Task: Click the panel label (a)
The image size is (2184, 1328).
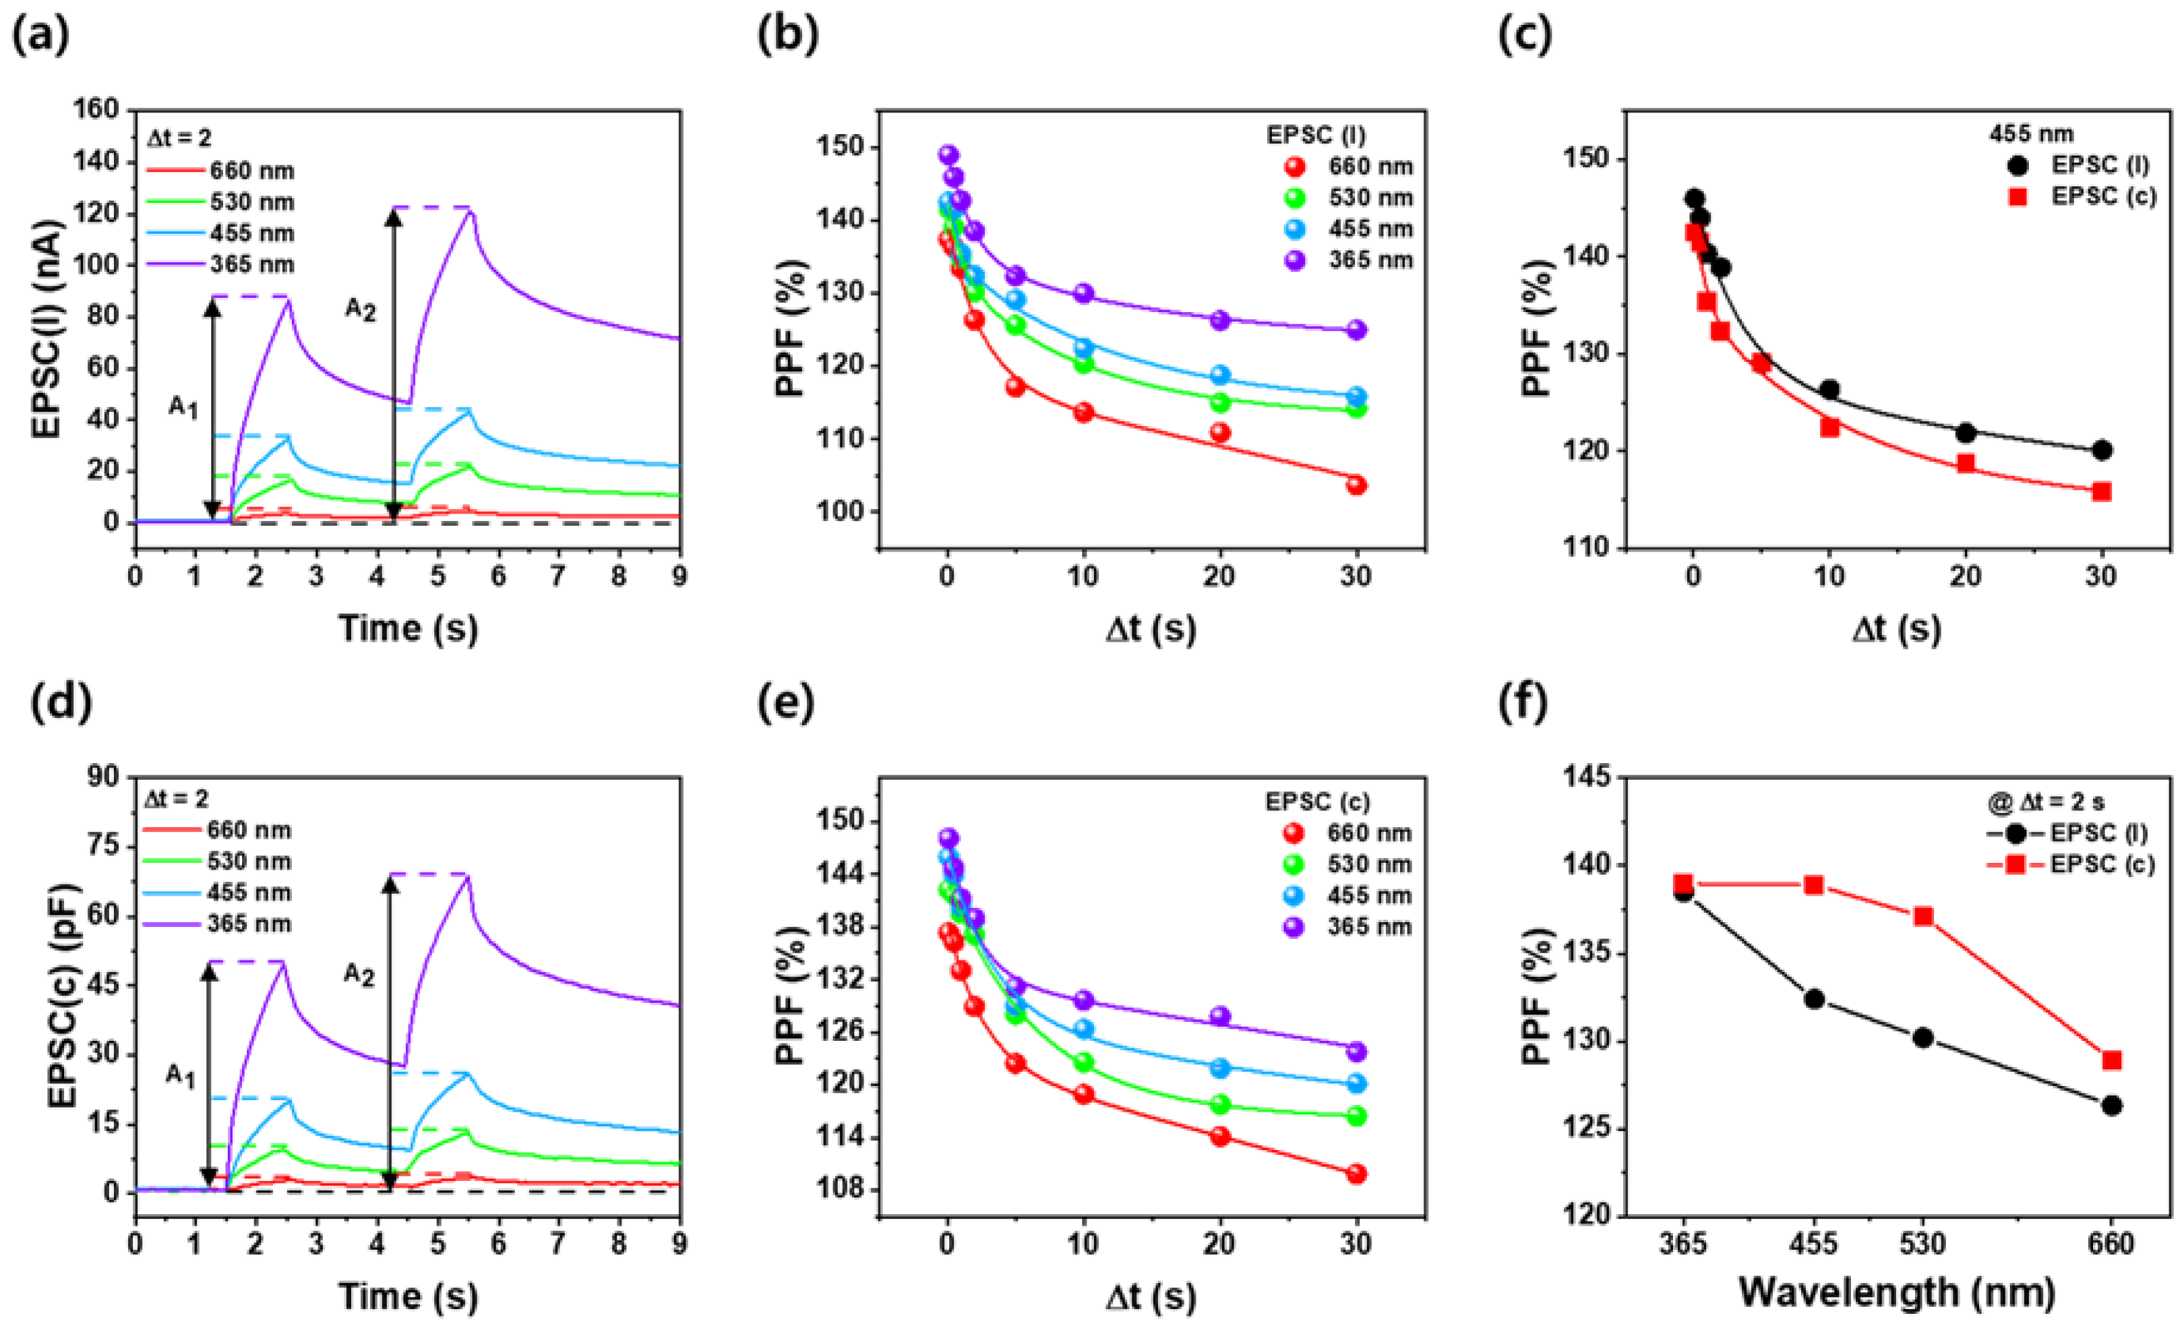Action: click(40, 36)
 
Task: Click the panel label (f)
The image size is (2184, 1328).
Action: click(1523, 703)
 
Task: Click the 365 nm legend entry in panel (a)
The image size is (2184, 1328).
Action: click(251, 264)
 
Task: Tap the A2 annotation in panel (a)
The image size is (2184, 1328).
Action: click(360, 309)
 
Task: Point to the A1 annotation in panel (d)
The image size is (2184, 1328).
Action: click(181, 1077)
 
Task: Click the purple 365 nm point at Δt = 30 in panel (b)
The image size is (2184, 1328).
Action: click(1356, 330)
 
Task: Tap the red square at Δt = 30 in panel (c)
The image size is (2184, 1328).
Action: click(2100, 491)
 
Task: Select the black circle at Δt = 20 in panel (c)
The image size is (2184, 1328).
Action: click(1965, 433)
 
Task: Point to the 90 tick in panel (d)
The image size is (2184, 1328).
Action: click(104, 777)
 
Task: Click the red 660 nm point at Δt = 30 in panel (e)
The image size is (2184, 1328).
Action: click(1356, 1174)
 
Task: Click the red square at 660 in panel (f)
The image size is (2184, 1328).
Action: click(2111, 1060)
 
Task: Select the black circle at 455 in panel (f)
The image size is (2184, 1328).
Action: click(1813, 998)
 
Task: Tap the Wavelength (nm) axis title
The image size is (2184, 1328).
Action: click(1897, 1292)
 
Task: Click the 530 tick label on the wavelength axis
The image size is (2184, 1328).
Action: click(1922, 1244)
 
